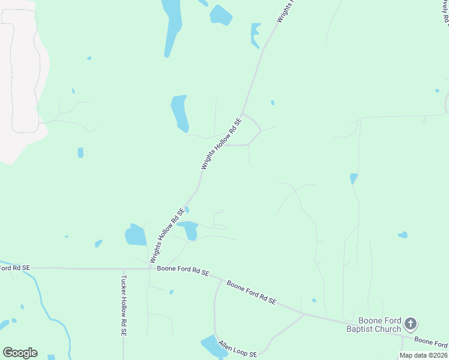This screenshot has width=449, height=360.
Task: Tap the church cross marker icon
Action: [411, 324]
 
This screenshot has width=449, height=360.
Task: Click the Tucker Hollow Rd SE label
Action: [124, 305]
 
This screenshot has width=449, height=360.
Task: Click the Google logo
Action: [20, 352]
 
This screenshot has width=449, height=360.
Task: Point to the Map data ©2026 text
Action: [423, 355]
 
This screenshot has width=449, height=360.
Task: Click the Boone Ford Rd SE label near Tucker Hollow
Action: [182, 271]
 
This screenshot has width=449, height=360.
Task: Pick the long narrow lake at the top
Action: [171, 27]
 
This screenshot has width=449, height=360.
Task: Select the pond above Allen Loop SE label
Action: [211, 346]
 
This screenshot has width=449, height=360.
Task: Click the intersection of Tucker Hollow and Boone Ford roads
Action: [122, 269]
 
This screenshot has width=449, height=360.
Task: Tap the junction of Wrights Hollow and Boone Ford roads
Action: [150, 269]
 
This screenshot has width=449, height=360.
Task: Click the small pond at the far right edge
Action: [402, 235]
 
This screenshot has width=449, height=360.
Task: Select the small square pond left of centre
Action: [80, 152]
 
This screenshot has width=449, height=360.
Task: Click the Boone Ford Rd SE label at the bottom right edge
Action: [431, 343]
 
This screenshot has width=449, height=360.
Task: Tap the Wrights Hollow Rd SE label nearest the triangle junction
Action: [221, 144]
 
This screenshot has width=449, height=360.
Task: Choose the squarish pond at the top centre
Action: [220, 15]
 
